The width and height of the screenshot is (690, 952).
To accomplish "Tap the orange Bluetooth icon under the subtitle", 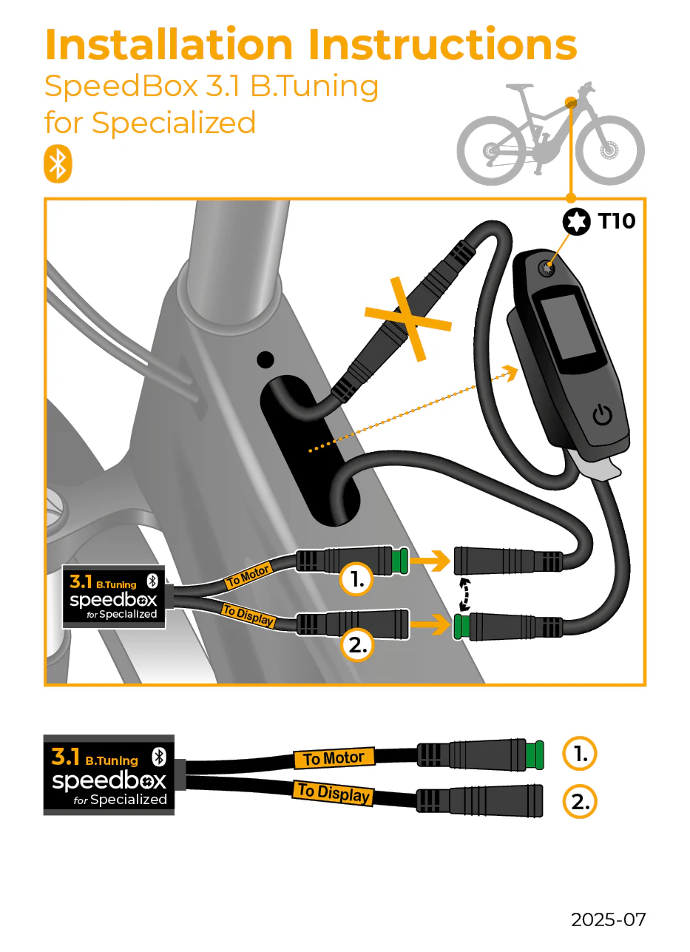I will [58, 164].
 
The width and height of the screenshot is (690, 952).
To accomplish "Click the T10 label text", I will [615, 220].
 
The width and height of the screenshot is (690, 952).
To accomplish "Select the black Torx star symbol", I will [577, 221].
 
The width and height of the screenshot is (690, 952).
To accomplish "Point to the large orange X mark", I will [407, 319].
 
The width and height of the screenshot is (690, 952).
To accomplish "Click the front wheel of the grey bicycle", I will [609, 151].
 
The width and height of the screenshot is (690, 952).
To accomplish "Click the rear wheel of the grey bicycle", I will [491, 151].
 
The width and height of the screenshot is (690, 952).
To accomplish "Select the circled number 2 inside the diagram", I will [356, 646].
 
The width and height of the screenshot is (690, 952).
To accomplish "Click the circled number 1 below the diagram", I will [579, 754].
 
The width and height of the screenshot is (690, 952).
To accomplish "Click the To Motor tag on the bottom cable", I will [334, 758].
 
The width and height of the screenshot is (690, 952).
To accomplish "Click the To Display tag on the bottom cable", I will [333, 793].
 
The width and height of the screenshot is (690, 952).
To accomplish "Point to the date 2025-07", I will [608, 919].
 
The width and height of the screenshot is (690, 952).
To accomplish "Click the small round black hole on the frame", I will [264, 360].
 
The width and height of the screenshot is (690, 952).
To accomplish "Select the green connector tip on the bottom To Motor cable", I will [535, 754].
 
